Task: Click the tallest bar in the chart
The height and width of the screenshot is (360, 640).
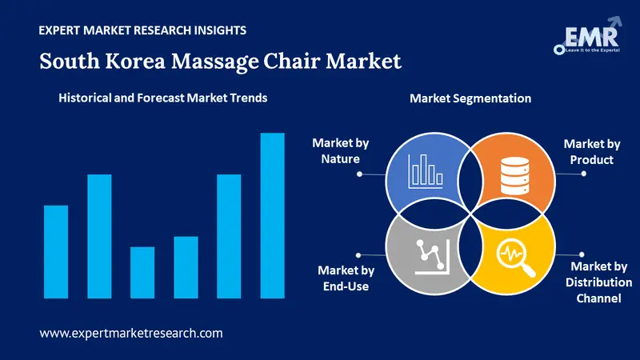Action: pyautogui.click(x=272, y=215)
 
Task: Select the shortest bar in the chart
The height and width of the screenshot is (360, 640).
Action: pyautogui.click(x=142, y=273)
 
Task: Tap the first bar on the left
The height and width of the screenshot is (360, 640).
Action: pyautogui.click(x=56, y=252)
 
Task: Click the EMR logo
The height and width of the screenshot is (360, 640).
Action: pyautogui.click(x=588, y=36)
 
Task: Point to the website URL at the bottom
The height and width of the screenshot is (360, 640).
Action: pyautogui.click(x=131, y=333)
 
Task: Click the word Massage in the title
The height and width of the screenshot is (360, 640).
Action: pyautogui.click(x=214, y=62)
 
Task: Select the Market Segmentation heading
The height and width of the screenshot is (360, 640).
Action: pyautogui.click(x=470, y=98)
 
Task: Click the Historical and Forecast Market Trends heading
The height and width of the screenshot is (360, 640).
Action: pyautogui.click(x=163, y=98)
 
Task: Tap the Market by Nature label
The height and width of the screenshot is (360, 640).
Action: pyautogui.click(x=341, y=150)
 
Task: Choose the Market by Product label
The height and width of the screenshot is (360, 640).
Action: pyautogui.click(x=591, y=151)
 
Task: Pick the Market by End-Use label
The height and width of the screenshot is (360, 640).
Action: pyautogui.click(x=346, y=278)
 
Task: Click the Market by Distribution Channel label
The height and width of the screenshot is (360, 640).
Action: pyautogui.click(x=598, y=282)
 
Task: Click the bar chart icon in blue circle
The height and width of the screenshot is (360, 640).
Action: pyautogui.click(x=426, y=171)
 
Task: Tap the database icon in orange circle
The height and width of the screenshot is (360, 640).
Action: pyautogui.click(x=515, y=175)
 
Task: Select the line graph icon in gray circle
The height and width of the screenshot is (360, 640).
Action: pyautogui.click(x=432, y=257)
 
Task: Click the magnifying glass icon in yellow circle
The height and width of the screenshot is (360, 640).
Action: pyautogui.click(x=515, y=258)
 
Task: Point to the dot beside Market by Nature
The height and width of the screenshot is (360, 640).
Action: pyautogui.click(x=359, y=174)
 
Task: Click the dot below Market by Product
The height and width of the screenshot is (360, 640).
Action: pyautogui.click(x=584, y=174)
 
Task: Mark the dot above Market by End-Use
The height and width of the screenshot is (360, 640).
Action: pyautogui.click(x=358, y=255)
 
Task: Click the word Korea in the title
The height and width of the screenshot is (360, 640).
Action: pyautogui.click(x=135, y=62)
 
